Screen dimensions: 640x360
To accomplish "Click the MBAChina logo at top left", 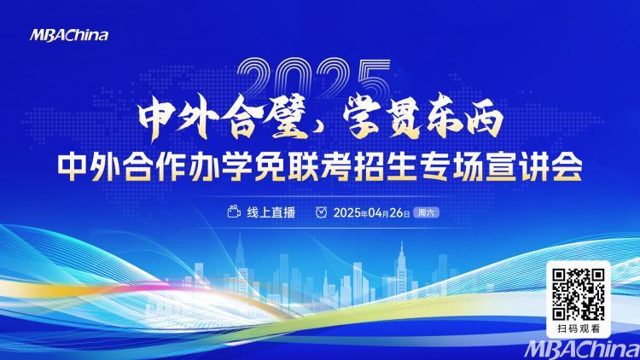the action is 69,36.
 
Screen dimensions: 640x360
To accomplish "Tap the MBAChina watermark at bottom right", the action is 583,350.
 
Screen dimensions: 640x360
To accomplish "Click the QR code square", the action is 579,294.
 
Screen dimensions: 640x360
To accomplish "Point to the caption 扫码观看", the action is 579,328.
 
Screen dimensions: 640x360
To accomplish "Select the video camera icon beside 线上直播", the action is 234,212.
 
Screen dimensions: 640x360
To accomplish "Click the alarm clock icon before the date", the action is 321,212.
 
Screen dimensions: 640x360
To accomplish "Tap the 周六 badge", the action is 426,212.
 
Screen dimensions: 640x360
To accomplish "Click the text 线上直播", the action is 271,212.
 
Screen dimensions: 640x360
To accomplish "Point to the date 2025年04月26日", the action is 371,212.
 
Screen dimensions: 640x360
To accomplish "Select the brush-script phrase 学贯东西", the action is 422,117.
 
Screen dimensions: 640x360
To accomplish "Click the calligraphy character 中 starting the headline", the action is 156,119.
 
